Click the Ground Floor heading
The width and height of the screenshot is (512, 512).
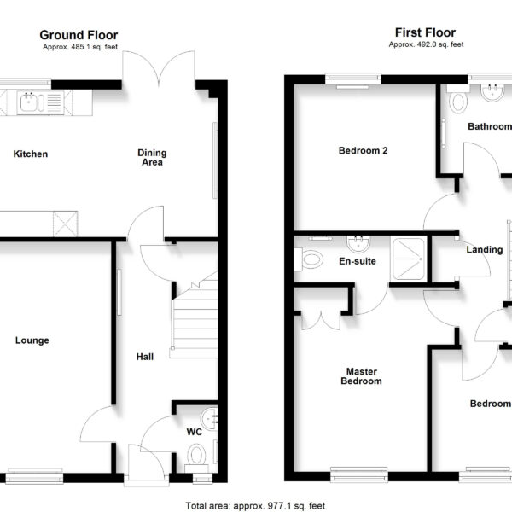tap(79, 35)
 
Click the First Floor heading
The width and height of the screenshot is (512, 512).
tap(425, 32)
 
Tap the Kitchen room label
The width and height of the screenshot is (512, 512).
tap(31, 154)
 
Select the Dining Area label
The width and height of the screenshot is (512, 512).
tap(152, 157)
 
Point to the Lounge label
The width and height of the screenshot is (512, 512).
tap(32, 340)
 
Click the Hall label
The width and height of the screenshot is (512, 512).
tap(145, 357)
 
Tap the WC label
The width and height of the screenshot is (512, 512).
tap(195, 432)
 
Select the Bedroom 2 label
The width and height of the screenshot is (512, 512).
tap(364, 150)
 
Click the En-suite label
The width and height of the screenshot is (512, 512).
tap(358, 261)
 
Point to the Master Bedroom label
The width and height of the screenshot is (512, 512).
tap(362, 376)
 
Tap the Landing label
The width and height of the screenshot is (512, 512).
tap(485, 250)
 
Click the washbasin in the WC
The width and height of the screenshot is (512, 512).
tap(210, 419)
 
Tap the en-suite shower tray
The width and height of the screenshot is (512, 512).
tap(409, 259)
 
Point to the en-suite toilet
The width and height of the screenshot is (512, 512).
tap(309, 259)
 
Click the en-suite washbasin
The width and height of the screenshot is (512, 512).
tap(358, 243)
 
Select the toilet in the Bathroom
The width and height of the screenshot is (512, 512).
tap(458, 99)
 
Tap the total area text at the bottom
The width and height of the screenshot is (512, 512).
tap(255, 506)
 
